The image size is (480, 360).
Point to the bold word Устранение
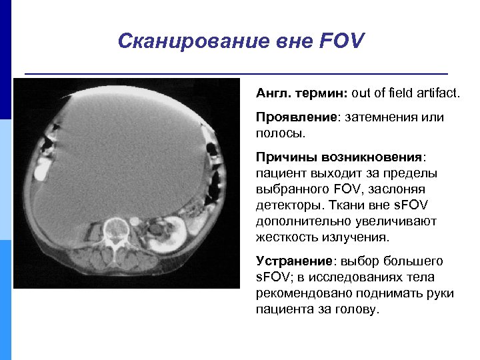[294, 261]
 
